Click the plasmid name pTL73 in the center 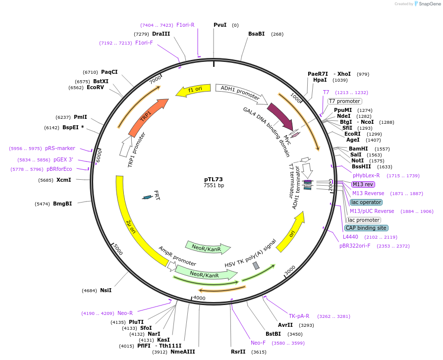pyautogui.click(x=214, y=179)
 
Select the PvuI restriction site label pyautogui.click(x=220, y=25)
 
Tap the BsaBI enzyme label pyautogui.click(x=256, y=34)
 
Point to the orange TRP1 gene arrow pyautogui.click(x=148, y=116)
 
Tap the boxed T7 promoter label pyautogui.click(x=344, y=101)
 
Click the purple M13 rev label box pyautogui.click(x=363, y=184)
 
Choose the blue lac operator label pyautogui.click(x=366, y=202)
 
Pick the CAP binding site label pyautogui.click(x=366, y=228)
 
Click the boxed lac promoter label pyautogui.click(x=364, y=220)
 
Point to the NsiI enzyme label pyautogui.click(x=106, y=290)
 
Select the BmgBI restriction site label pyautogui.click(x=62, y=204)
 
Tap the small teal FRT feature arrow pyautogui.click(x=147, y=197)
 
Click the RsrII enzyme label pyautogui.click(x=238, y=352)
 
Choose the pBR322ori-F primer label pyautogui.click(x=355, y=246)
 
